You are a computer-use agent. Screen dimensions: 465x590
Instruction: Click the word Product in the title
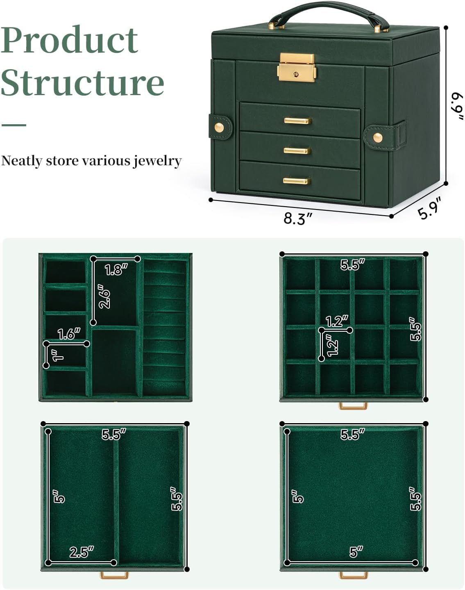[70, 40]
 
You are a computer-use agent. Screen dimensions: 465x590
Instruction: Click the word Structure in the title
[82, 82]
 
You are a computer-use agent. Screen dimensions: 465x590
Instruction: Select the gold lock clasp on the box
[297, 67]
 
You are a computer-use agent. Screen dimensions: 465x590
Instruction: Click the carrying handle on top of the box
[329, 15]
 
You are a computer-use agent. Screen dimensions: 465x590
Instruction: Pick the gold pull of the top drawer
[297, 121]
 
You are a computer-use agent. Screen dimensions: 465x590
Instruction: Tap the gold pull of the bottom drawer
[297, 181]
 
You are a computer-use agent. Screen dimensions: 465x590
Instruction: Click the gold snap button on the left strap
[219, 128]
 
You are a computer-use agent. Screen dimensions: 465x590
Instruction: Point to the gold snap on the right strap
[378, 137]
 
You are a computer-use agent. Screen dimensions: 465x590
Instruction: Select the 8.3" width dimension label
[298, 219]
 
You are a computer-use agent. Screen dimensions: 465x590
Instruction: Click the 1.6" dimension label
[69, 334]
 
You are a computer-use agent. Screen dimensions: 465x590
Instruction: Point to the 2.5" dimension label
[82, 552]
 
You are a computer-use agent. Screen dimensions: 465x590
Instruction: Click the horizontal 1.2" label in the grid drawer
[337, 321]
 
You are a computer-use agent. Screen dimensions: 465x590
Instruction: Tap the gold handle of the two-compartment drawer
[114, 575]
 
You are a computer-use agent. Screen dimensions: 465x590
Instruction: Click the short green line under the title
[14, 125]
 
